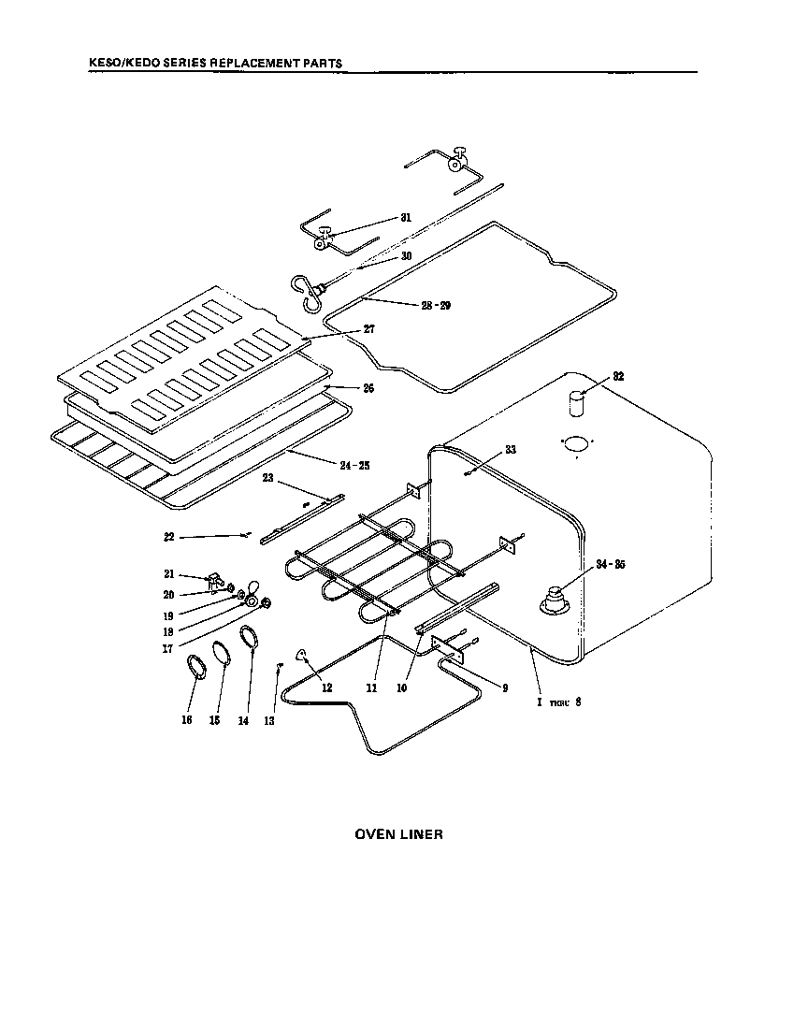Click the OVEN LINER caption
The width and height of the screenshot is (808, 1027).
point(398,834)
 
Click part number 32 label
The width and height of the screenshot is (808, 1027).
point(618,377)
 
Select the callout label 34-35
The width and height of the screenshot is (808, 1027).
point(611,563)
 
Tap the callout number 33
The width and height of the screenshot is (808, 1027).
point(510,450)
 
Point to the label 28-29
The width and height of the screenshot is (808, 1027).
point(436,306)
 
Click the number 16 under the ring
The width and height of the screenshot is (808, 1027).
point(186,721)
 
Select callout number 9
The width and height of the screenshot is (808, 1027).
point(504,687)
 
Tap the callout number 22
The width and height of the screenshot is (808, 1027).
point(169,537)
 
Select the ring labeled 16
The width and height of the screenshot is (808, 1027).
point(197,670)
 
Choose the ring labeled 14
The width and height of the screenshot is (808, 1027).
point(249,639)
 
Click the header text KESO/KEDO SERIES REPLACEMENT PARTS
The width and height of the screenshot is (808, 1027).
point(214,64)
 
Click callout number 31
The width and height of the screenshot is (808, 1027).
point(405,217)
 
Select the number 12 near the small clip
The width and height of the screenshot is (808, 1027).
point(326,687)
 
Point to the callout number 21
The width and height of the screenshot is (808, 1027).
point(169,573)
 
